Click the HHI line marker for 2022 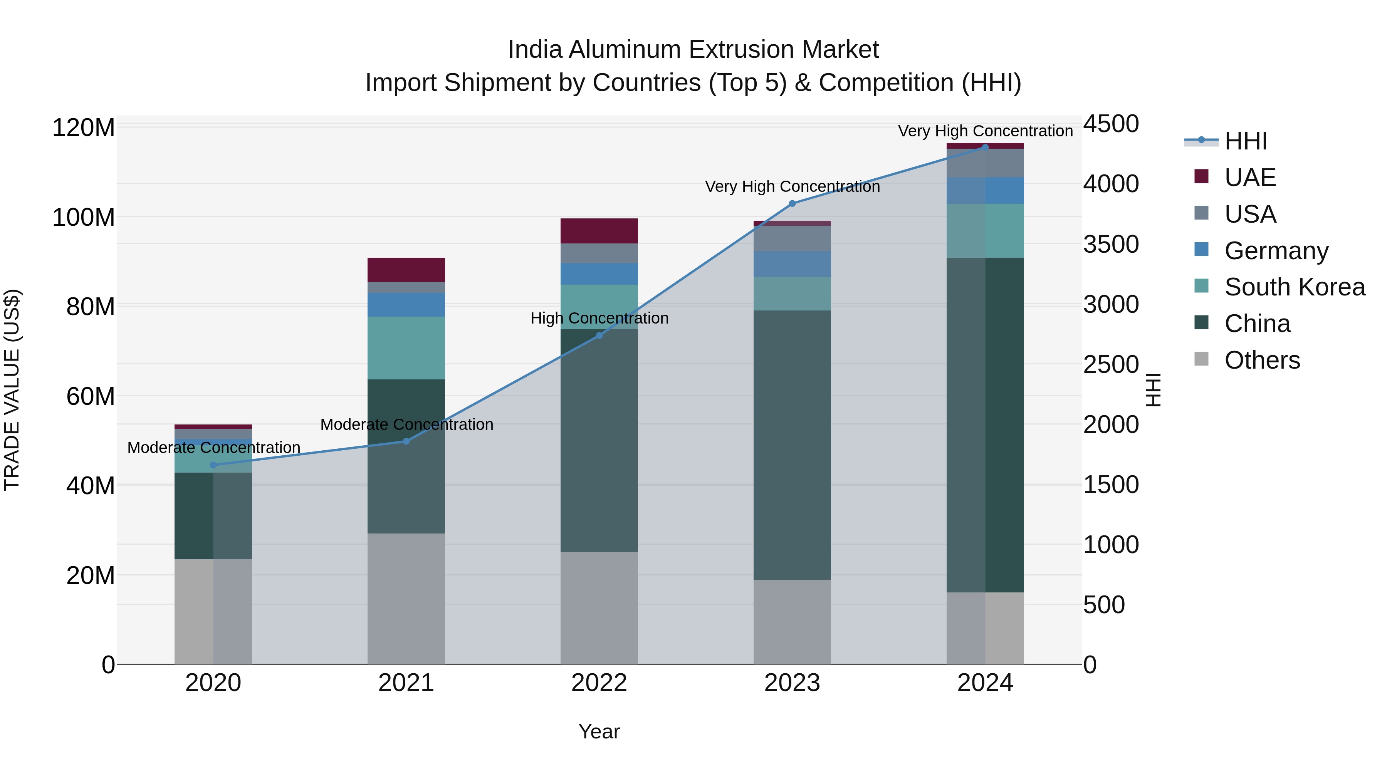599,335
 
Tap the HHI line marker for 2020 213,465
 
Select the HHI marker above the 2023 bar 792,203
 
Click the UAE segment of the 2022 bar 599,231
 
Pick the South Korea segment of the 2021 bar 406,348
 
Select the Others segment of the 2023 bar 792,622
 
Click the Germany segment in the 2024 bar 985,191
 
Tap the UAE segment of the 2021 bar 406,270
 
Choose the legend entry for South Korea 1295,287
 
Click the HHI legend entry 1245,141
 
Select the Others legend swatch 1201,359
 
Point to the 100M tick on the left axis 84,218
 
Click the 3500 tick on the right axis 1110,244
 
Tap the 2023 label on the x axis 792,683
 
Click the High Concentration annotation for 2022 599,318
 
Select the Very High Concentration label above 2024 985,131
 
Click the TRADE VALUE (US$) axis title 12,390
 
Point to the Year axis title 599,731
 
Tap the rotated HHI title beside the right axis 1153,390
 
